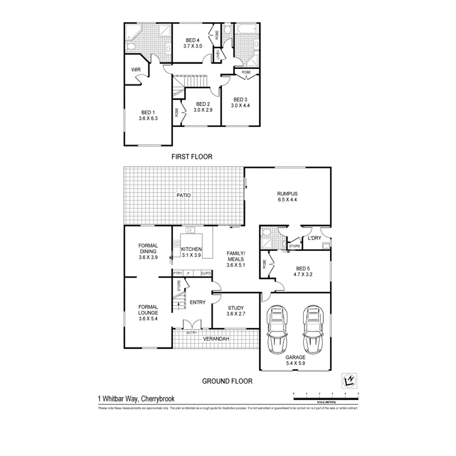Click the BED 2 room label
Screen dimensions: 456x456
point(203,104)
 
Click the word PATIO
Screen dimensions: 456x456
point(184,195)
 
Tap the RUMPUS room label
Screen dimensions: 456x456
point(287,193)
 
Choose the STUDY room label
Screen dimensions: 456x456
point(235,308)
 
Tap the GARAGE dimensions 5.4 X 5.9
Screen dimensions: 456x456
point(295,364)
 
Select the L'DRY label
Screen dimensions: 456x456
point(313,238)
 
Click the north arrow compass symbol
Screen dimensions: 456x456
point(349,380)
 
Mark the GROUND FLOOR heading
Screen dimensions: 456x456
point(228,381)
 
